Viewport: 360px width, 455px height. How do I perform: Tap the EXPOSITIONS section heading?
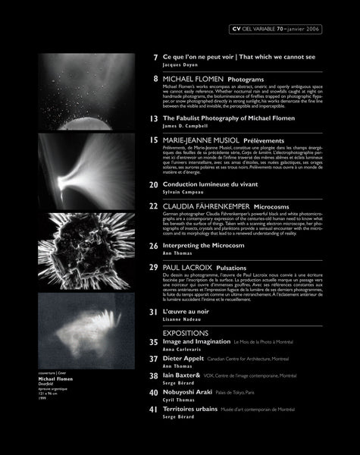(x=186, y=332)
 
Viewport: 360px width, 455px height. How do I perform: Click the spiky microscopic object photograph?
(x=71, y=249)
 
